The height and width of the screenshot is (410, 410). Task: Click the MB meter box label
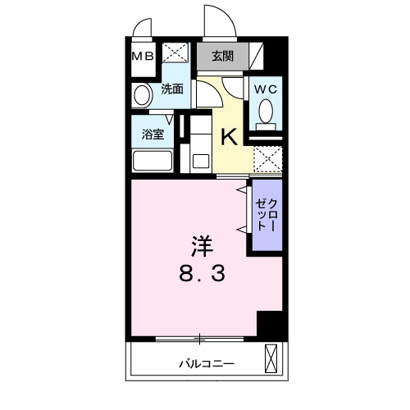pos(143,57)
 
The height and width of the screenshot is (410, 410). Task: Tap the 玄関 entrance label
pos(223,57)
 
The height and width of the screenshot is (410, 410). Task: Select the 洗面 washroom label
pos(172,89)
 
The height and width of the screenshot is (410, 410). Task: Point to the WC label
pos(266,89)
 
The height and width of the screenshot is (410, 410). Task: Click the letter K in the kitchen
pos(229,137)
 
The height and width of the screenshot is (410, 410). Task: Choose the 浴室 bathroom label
pos(153,134)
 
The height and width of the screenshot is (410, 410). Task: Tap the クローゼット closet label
pos(266,215)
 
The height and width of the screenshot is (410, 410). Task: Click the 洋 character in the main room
pos(202,246)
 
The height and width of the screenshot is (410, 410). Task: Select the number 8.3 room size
pos(203,274)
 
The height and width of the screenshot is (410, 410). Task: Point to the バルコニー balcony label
pos(207,364)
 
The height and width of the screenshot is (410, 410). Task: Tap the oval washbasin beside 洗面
pos(142,95)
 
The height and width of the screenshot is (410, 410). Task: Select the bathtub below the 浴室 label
pos(153,161)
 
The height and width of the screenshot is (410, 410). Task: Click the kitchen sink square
pos(201,161)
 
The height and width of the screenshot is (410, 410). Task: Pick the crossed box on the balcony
pos(271,358)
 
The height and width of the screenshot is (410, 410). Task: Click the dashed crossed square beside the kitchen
pos(268,159)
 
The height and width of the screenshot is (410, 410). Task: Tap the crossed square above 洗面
pos(175,52)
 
